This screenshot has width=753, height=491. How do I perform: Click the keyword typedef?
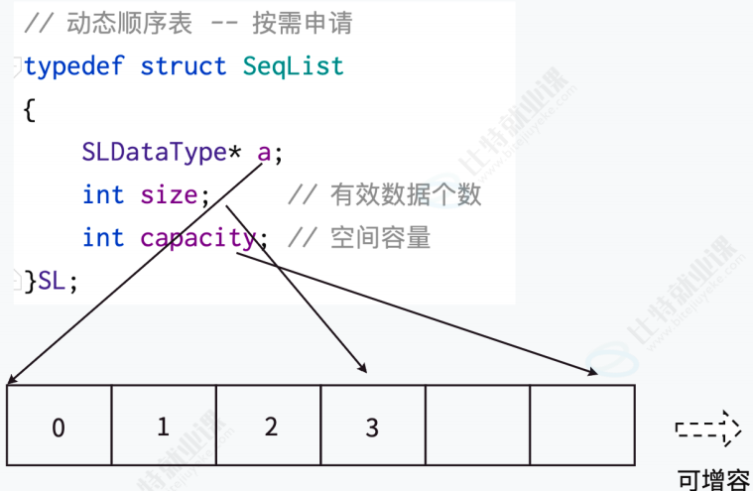point(75,66)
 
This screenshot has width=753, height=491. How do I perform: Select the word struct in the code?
point(184,66)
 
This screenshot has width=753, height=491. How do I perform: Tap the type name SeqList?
point(294,66)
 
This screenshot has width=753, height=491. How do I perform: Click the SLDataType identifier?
point(155,153)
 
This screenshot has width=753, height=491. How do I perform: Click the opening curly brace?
point(29,110)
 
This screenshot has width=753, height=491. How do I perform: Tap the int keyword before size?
point(103,195)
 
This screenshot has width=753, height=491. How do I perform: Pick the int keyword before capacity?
point(103,238)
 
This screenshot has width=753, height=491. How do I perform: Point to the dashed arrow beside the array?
point(708,430)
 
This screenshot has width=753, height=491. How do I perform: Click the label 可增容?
point(713,479)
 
